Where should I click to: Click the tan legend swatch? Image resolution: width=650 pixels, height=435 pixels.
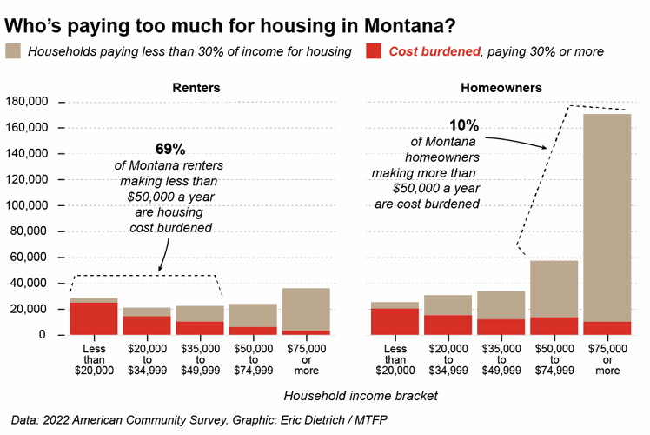point(14,51)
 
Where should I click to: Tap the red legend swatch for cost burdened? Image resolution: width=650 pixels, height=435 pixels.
point(374,51)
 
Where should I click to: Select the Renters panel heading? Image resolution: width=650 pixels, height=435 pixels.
point(196,88)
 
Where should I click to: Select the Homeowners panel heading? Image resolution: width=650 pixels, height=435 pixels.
point(514,88)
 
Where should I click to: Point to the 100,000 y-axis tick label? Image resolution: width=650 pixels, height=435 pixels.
point(30,206)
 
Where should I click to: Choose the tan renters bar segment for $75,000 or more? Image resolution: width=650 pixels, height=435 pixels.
point(305,309)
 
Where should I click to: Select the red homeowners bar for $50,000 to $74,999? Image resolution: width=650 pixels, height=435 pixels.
point(554,325)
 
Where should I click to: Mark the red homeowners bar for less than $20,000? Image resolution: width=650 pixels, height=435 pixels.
point(395,321)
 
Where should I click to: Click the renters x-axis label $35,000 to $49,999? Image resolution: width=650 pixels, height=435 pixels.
point(199,359)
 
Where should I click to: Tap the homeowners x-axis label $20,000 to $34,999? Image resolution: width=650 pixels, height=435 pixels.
point(448,359)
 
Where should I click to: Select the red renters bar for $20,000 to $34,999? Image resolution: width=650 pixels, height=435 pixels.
point(146,325)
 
